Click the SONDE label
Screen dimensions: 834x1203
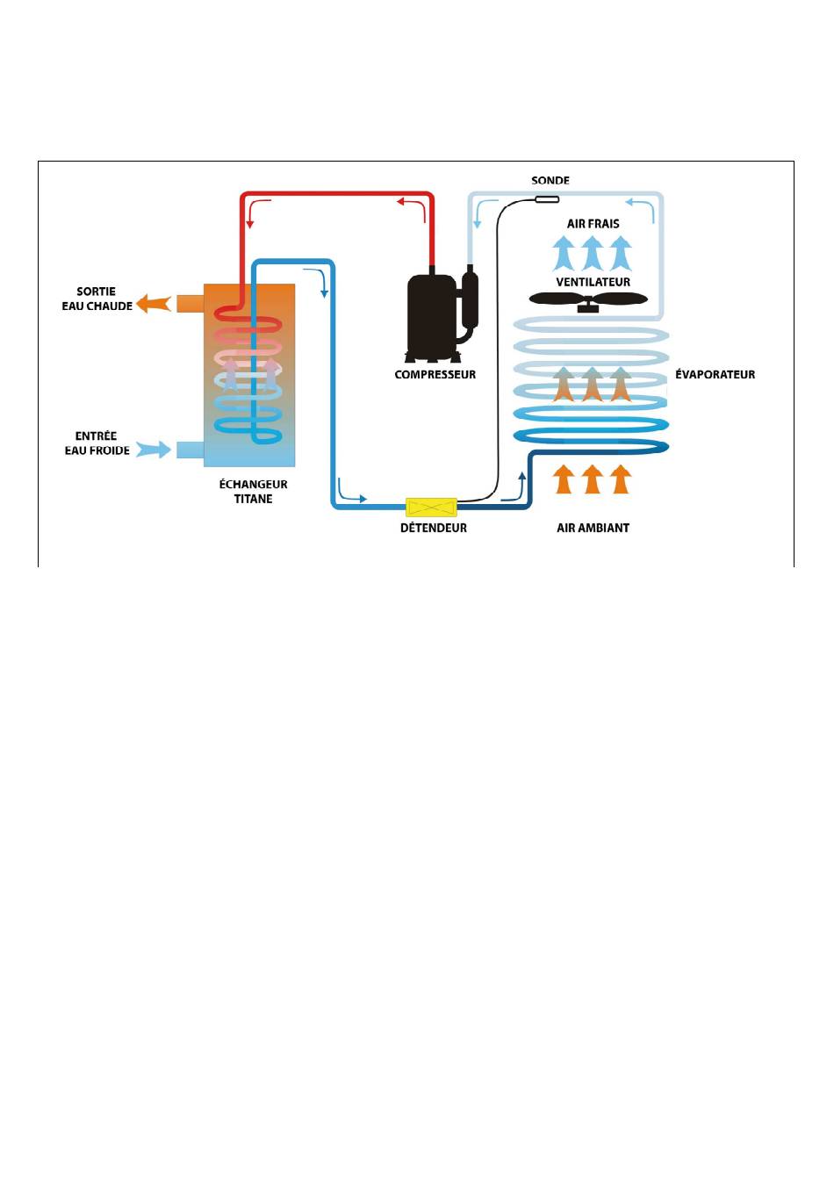[550, 181]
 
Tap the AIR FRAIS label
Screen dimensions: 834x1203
[593, 223]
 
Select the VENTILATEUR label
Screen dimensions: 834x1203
[593, 282]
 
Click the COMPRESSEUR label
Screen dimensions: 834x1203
[435, 374]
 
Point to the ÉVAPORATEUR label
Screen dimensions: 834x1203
[715, 374]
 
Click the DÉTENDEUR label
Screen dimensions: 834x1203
[434, 528]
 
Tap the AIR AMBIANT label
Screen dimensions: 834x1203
[593, 528]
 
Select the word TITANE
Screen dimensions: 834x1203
[253, 499]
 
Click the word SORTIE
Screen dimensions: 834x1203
[96, 292]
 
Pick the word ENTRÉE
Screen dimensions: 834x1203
[96, 436]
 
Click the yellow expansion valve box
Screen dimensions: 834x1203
[431, 507]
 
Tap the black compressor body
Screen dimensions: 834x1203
[432, 317]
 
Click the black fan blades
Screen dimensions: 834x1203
[588, 299]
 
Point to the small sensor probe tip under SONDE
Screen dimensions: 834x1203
[547, 200]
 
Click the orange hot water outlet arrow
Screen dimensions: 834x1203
[154, 304]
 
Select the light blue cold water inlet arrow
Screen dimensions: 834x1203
[154, 449]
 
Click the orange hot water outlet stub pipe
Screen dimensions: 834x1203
[191, 304]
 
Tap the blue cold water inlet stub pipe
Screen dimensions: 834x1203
[191, 450]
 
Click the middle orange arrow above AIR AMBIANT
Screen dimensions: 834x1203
[593, 479]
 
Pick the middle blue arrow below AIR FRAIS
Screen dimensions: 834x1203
[593, 254]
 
